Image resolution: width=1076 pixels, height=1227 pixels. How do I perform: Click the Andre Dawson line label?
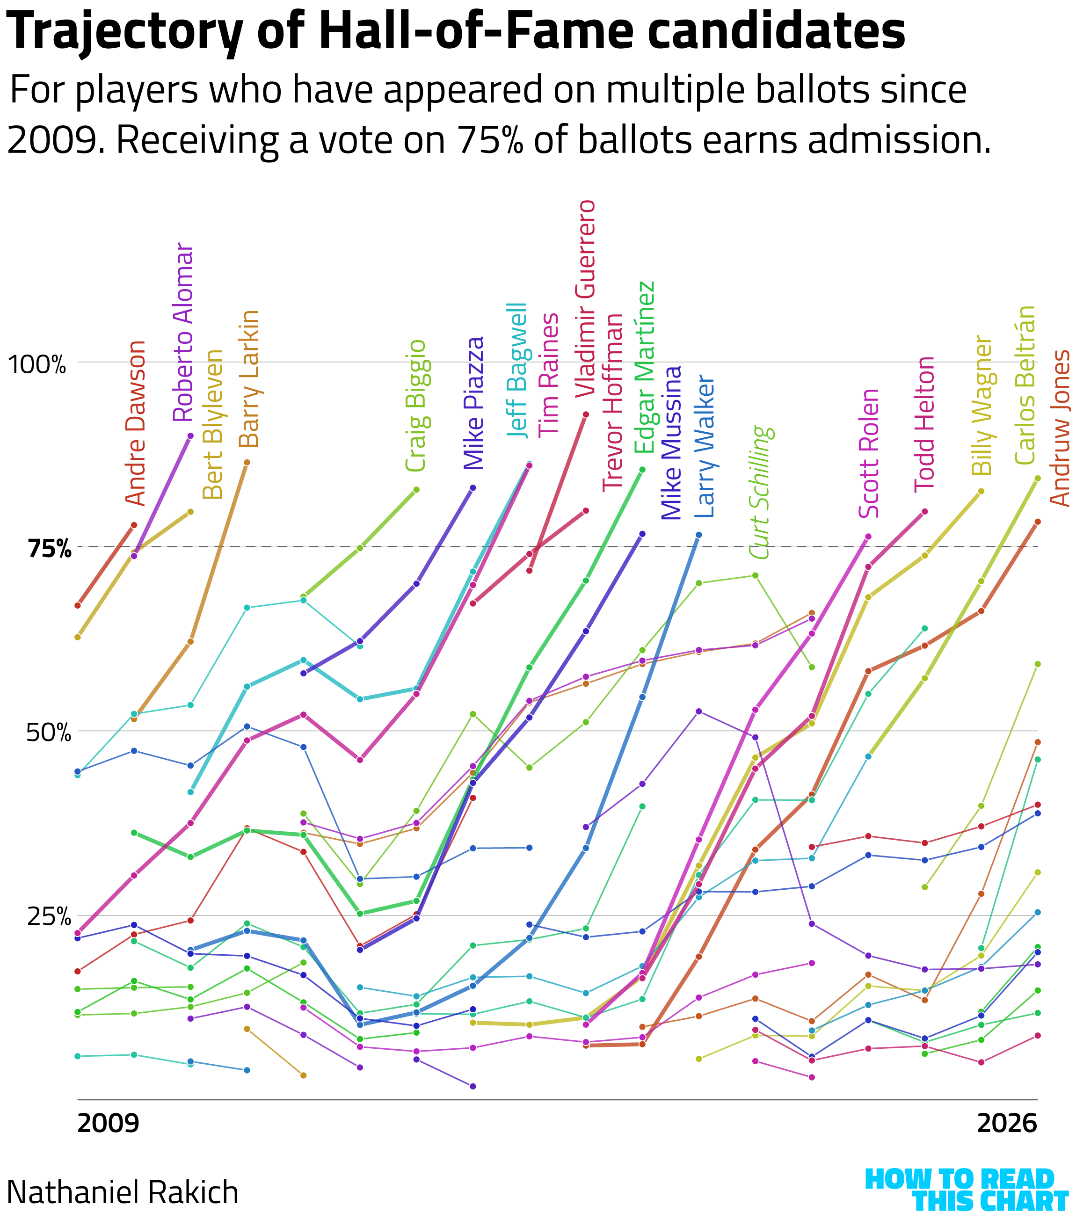click(x=136, y=423)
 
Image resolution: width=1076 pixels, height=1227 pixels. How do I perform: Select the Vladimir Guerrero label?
click(x=585, y=298)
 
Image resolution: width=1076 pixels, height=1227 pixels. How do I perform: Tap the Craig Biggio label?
click(x=415, y=406)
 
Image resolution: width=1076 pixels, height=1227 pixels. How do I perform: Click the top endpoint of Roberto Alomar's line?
click(x=190, y=436)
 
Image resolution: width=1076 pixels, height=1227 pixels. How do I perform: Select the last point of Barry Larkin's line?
click(x=247, y=462)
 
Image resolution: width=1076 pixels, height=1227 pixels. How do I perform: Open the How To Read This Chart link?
click(x=966, y=1191)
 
